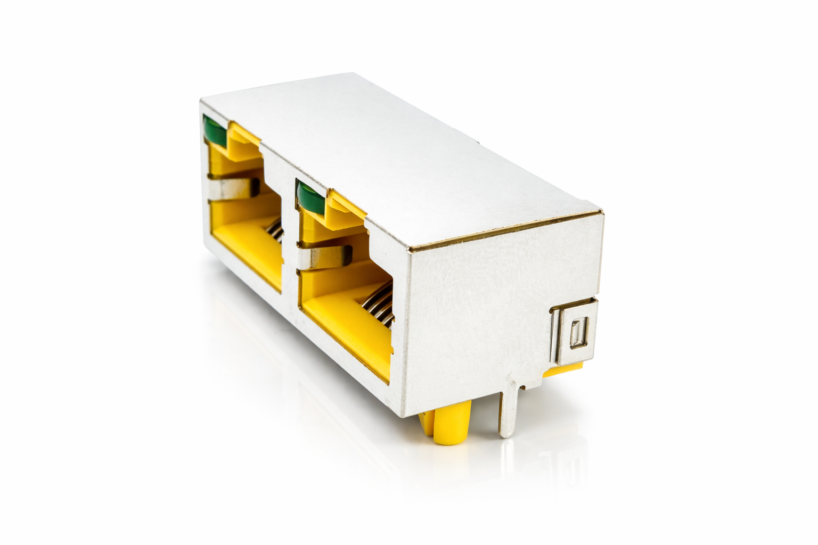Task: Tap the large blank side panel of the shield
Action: (x=479, y=309)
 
